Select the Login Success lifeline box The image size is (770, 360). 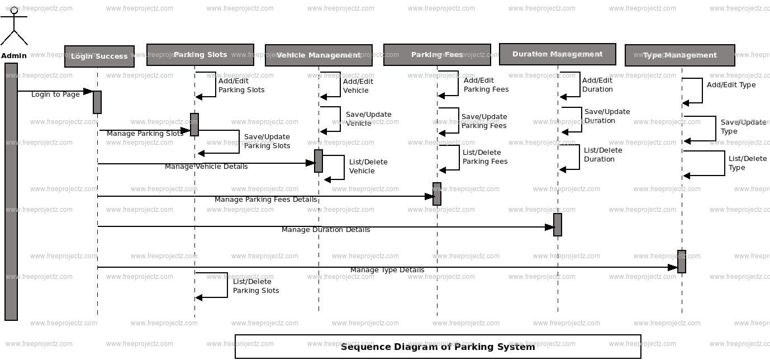click(99, 56)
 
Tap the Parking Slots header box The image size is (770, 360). click(200, 55)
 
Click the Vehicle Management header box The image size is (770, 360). click(319, 55)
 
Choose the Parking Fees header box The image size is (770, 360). click(437, 55)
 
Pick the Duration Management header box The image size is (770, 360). click(557, 54)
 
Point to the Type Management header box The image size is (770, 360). click(679, 55)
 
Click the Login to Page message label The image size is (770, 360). click(55, 94)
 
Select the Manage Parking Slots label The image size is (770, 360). click(145, 134)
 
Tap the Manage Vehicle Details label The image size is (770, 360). click(206, 167)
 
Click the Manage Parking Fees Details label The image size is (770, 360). click(265, 200)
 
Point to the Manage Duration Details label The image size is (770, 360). click(326, 230)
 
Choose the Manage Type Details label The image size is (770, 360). click(387, 270)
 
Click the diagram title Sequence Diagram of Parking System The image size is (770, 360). click(438, 347)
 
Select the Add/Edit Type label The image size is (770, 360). click(731, 85)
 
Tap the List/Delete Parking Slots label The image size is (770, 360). click(256, 286)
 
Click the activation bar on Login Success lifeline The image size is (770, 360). click(97, 102)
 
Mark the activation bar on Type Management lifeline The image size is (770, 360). click(682, 262)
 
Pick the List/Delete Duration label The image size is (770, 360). click(603, 155)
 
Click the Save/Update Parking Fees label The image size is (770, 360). click(484, 121)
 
